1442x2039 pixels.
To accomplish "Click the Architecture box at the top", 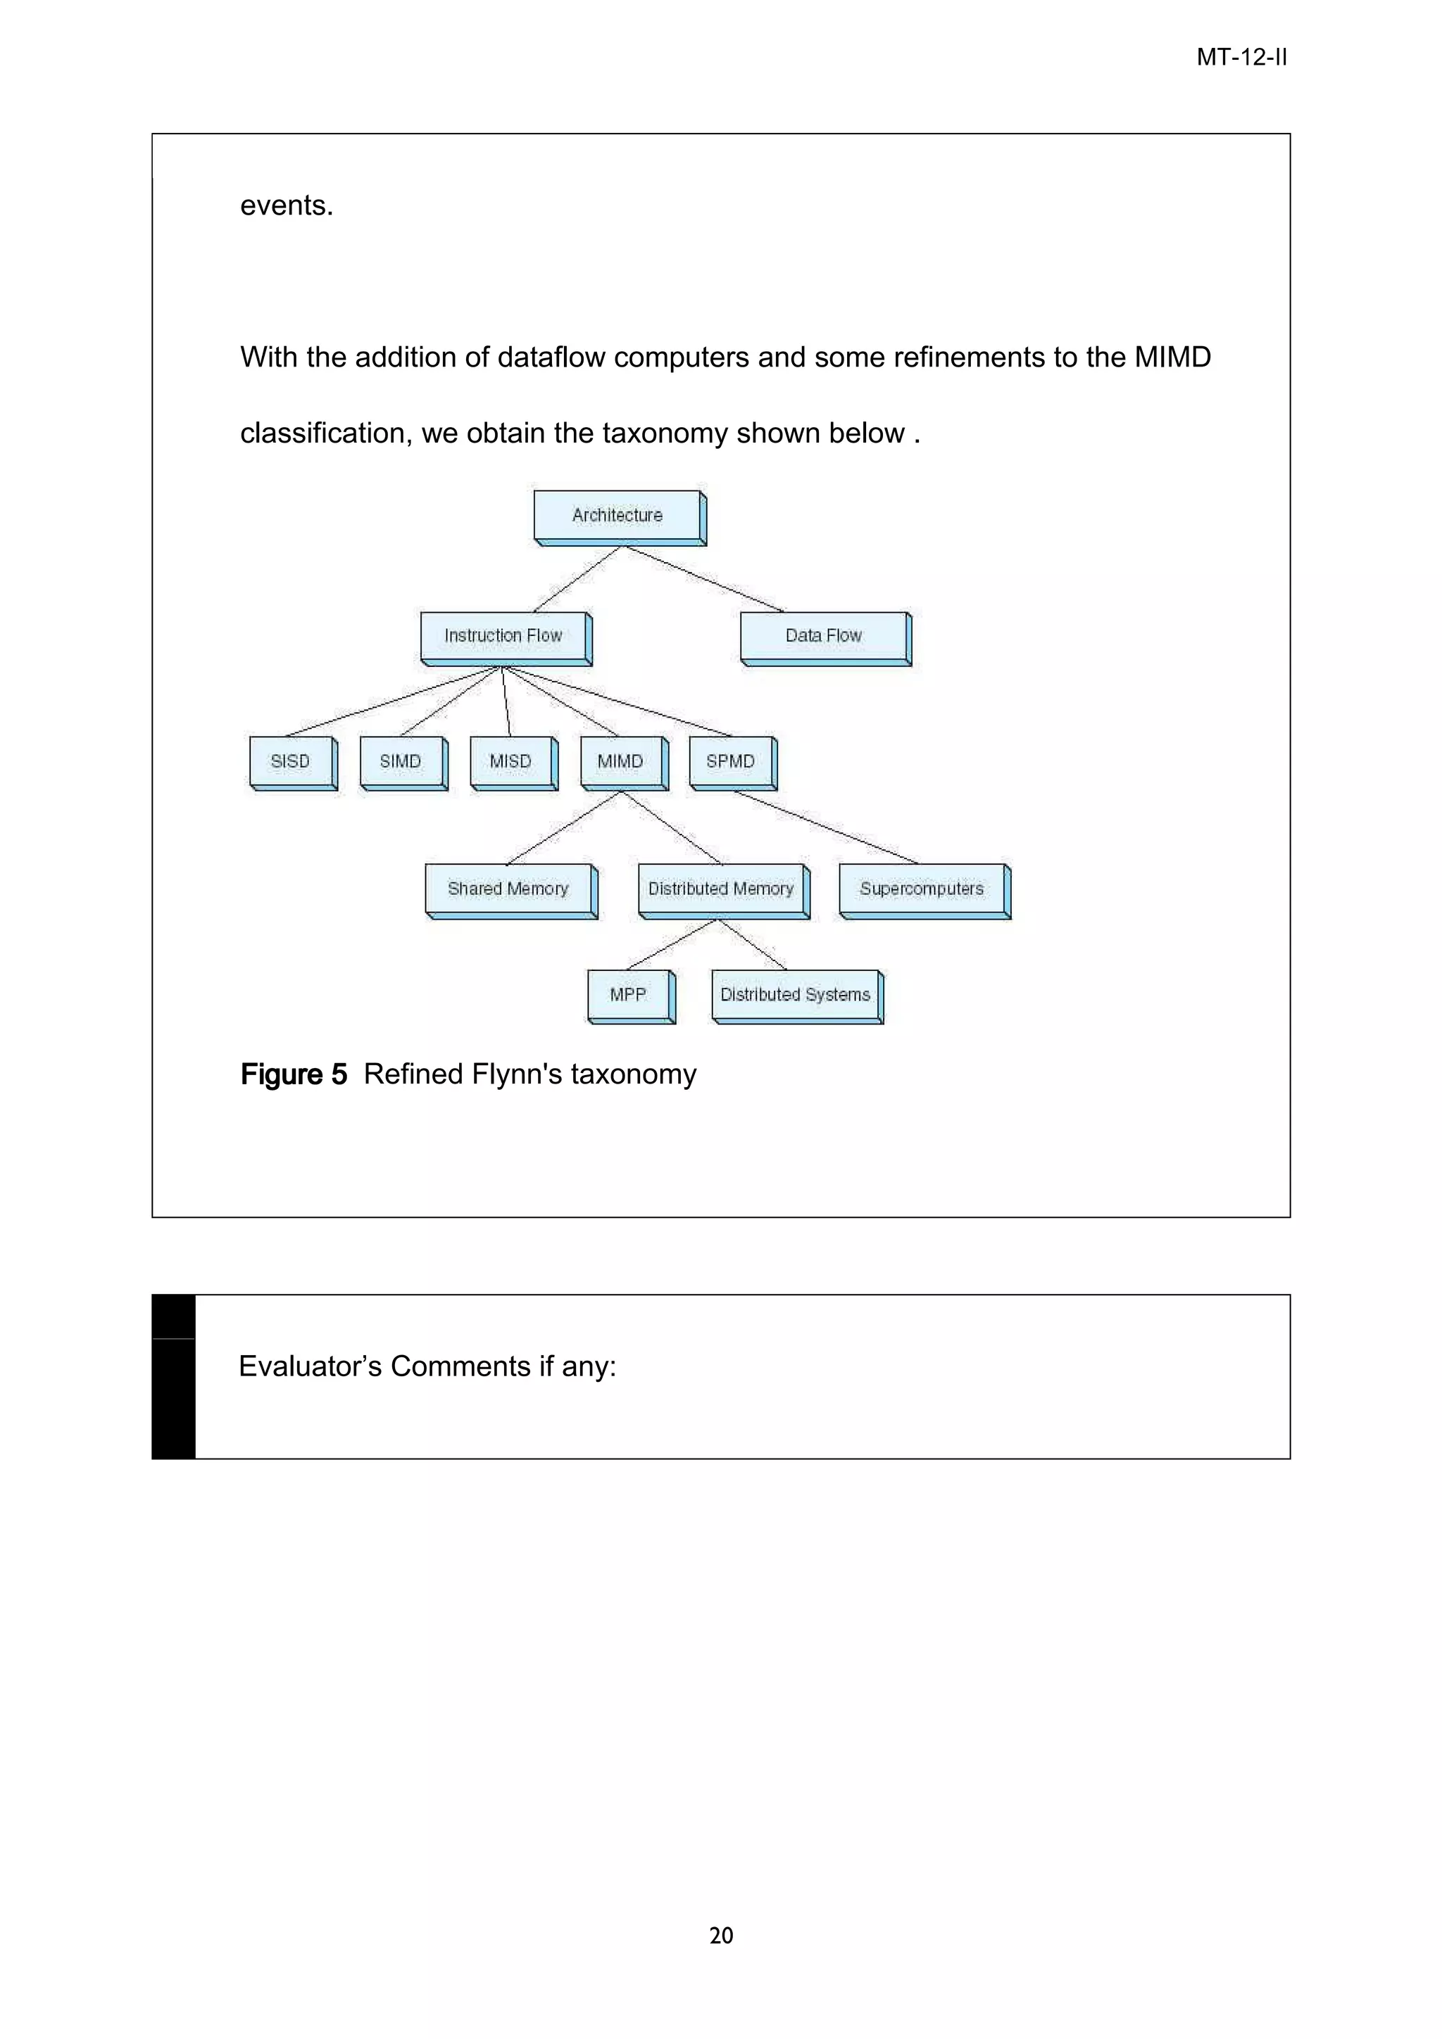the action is click(617, 515).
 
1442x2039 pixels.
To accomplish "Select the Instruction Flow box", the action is click(503, 636).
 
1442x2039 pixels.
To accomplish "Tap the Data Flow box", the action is click(824, 636).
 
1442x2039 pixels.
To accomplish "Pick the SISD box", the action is click(291, 761).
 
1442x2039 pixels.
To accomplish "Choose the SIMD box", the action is click(401, 761).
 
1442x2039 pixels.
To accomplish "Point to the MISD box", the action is click(511, 761).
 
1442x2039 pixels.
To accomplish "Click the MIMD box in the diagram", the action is click(620, 761).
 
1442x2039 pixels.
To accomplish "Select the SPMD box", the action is click(730, 761).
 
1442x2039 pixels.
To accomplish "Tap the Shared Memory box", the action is click(508, 889).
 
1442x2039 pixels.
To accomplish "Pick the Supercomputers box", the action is click(922, 889).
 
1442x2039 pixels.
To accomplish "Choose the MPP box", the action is click(628, 995).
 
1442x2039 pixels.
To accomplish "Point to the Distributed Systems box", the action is click(795, 995).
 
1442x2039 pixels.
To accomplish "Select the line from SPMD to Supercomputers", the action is click(827, 827).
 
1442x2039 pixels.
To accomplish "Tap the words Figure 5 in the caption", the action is click(293, 1074).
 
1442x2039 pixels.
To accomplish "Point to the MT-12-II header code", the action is click(1241, 58).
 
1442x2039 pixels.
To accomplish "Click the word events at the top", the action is click(286, 206).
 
